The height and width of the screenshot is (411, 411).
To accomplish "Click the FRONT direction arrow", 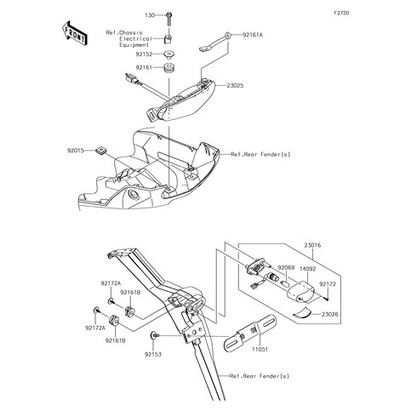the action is coord(75,33).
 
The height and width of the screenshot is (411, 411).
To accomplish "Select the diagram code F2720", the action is coord(341,13).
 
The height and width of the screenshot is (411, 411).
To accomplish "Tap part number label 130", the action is coord(150,15).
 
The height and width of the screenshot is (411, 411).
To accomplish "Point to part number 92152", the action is coord(144,54).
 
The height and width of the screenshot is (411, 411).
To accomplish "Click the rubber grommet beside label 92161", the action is coord(169,69).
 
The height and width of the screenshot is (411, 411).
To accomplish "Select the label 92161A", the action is coord(253,35).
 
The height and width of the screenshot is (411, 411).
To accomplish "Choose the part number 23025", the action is coord(235,85).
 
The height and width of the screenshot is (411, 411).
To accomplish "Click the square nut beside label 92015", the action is coord(100,150).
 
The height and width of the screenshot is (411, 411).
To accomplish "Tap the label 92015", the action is coord(76,151).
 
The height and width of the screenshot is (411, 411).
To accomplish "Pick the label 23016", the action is coord(312,245).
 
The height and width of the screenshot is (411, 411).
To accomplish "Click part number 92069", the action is coord(286,268).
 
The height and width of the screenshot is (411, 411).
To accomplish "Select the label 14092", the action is coord(308,269).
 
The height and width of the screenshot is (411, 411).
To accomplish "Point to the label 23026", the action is coord(330,314).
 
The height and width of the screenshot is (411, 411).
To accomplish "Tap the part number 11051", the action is coord(260,350).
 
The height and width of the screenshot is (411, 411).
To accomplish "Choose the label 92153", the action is coord(153,354).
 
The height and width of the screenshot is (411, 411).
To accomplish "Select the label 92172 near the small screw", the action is coord(328,284).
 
